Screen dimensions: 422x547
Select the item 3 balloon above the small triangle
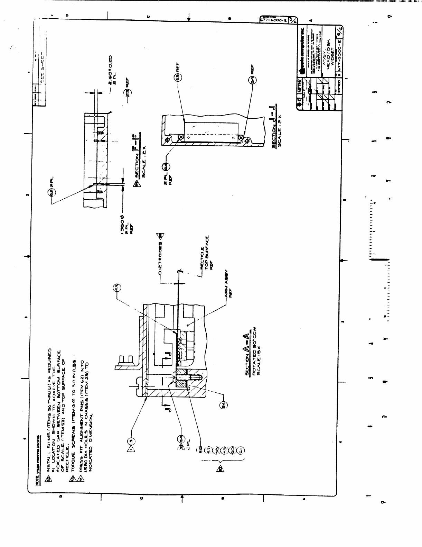[x=131, y=440]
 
